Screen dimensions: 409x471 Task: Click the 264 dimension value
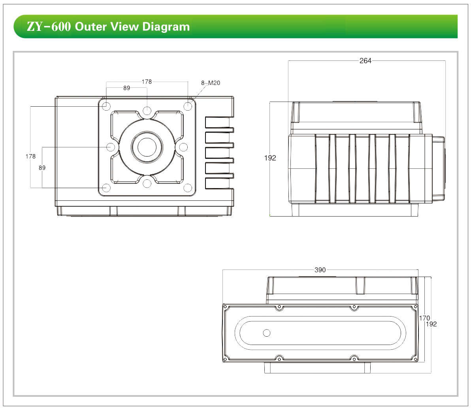coord(365,61)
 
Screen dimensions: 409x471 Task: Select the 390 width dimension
coord(320,270)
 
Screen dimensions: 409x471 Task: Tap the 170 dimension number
coord(424,318)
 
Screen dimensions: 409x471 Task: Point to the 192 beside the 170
coord(431,324)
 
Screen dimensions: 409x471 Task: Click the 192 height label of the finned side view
coord(270,158)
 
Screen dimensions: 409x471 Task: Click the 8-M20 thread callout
coord(211,83)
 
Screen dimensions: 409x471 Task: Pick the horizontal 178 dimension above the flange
coord(147,82)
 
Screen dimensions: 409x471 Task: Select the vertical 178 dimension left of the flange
coord(30,156)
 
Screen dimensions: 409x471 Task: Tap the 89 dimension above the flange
coord(126,88)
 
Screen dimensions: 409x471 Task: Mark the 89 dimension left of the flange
coord(42,168)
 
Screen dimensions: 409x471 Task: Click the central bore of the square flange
coord(147,147)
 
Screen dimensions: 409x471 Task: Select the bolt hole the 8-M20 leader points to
coord(188,106)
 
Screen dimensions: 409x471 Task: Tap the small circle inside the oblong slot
coord(267,333)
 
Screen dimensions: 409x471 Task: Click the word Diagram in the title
coord(166,27)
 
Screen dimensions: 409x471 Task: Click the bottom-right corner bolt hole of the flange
coord(188,188)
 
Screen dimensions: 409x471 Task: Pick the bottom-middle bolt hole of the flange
coord(147,183)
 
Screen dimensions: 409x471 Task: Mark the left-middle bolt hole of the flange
coord(111,147)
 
